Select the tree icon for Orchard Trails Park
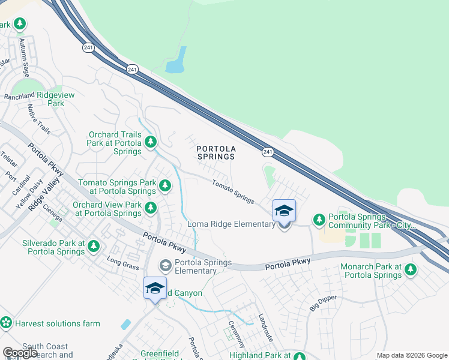(151, 142)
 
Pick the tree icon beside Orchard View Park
(151, 208)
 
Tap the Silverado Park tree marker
(93, 247)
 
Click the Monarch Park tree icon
(411, 270)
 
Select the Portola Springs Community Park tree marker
(319, 220)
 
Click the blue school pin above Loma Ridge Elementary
(284, 211)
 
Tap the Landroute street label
(266, 328)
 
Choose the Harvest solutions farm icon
(7, 323)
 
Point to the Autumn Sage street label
(25, 53)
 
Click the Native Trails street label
(40, 119)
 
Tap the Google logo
(20, 353)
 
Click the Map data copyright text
(411, 355)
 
